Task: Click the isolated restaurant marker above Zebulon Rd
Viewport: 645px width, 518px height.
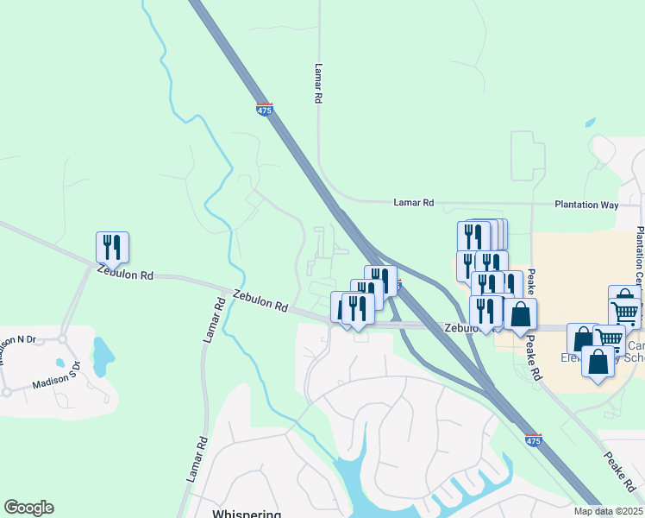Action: [112, 247]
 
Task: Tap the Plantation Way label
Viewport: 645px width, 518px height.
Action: [598, 205]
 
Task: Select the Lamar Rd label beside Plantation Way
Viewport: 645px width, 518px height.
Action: [413, 202]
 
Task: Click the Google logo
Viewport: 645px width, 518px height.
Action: [28, 508]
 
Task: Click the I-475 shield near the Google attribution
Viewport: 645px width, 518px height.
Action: [533, 440]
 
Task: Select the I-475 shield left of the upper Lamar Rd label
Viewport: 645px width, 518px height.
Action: [264, 110]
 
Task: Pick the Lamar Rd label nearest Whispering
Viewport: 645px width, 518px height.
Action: [197, 458]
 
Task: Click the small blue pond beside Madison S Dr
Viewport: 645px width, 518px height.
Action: [103, 352]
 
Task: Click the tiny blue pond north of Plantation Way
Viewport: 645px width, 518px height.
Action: [591, 123]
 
